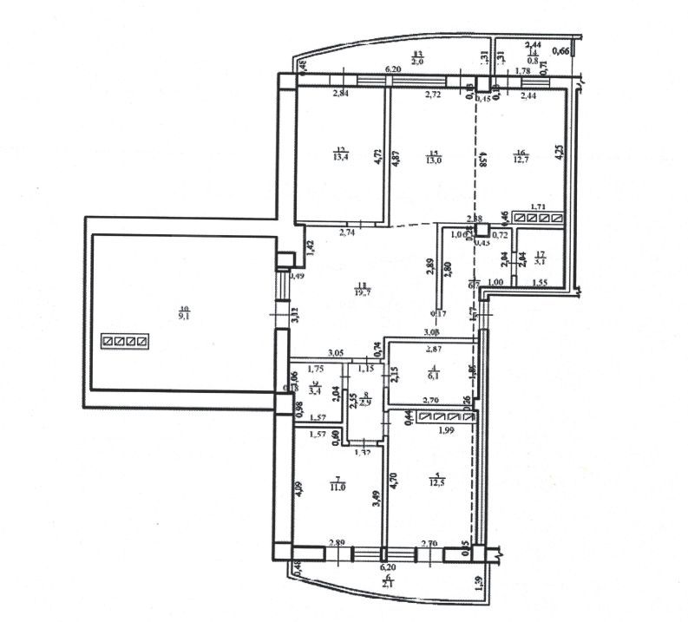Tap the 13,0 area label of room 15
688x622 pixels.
(434, 159)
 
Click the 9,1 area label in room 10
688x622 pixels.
(183, 315)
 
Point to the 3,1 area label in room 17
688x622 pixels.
(540, 259)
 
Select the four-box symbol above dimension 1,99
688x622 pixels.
(447, 417)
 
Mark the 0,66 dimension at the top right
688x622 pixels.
(561, 52)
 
